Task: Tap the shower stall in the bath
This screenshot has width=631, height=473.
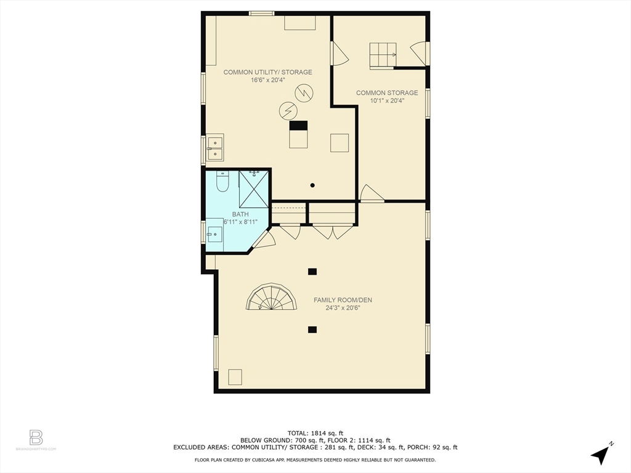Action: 253,189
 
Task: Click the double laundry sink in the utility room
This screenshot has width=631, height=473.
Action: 215,148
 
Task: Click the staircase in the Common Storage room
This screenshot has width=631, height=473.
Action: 383,55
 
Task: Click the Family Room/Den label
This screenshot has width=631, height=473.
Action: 343,300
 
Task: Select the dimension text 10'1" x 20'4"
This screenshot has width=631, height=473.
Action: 387,101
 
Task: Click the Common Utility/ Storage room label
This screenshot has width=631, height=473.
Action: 267,72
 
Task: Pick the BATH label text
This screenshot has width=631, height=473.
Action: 240,214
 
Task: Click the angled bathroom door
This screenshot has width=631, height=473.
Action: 264,240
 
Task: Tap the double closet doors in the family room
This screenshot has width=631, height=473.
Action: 333,232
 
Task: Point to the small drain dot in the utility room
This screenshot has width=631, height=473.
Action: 313,185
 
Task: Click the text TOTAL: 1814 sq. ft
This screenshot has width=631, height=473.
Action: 315,432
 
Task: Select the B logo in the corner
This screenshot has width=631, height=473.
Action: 36,438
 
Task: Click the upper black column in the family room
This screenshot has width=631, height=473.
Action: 312,271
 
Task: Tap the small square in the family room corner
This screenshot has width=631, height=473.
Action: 235,376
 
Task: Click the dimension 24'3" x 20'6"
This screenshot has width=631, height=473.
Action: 343,308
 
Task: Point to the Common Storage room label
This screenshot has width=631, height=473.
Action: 387,93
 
